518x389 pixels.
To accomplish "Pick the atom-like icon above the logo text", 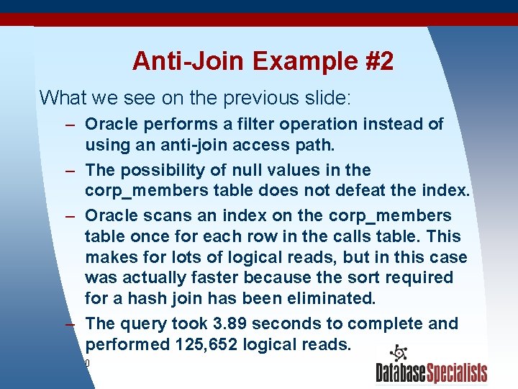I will point(397,354).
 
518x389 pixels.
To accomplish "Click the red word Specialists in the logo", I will point(456,373).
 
